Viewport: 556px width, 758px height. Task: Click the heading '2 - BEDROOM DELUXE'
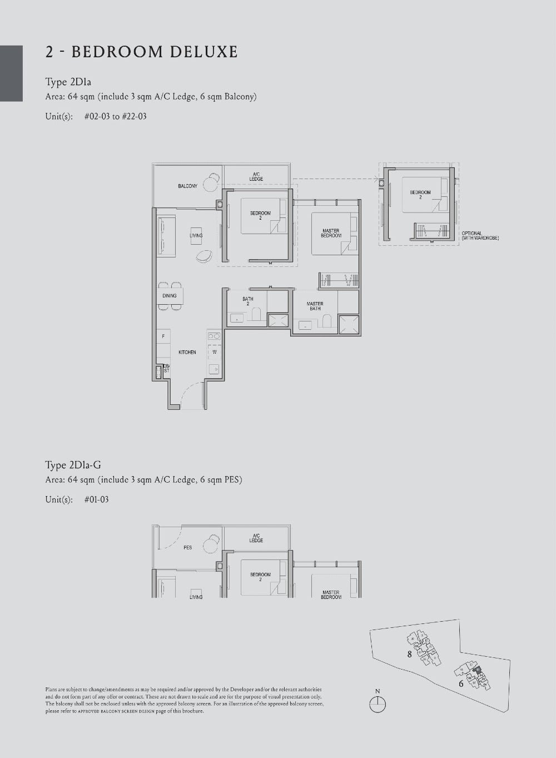(141, 52)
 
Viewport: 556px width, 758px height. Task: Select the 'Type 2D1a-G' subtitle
(73, 465)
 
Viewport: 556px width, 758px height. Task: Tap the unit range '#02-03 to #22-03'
(115, 116)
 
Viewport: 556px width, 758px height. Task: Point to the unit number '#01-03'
(96, 499)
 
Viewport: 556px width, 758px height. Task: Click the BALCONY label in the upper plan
(187, 186)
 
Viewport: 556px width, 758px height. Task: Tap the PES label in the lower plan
(187, 547)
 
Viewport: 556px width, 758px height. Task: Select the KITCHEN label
(187, 352)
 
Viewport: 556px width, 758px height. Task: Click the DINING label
(169, 296)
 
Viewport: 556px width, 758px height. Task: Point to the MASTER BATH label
(315, 306)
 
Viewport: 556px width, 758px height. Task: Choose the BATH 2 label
(247, 301)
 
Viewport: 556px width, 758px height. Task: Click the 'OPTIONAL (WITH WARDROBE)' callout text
(480, 236)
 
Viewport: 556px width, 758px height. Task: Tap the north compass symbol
(378, 704)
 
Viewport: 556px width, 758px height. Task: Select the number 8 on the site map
(410, 654)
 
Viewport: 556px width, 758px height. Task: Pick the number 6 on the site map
(461, 683)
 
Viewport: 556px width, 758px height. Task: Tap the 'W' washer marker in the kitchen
(214, 352)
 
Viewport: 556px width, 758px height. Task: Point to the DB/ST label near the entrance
(166, 368)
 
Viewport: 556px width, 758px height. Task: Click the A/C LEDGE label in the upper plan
(256, 177)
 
